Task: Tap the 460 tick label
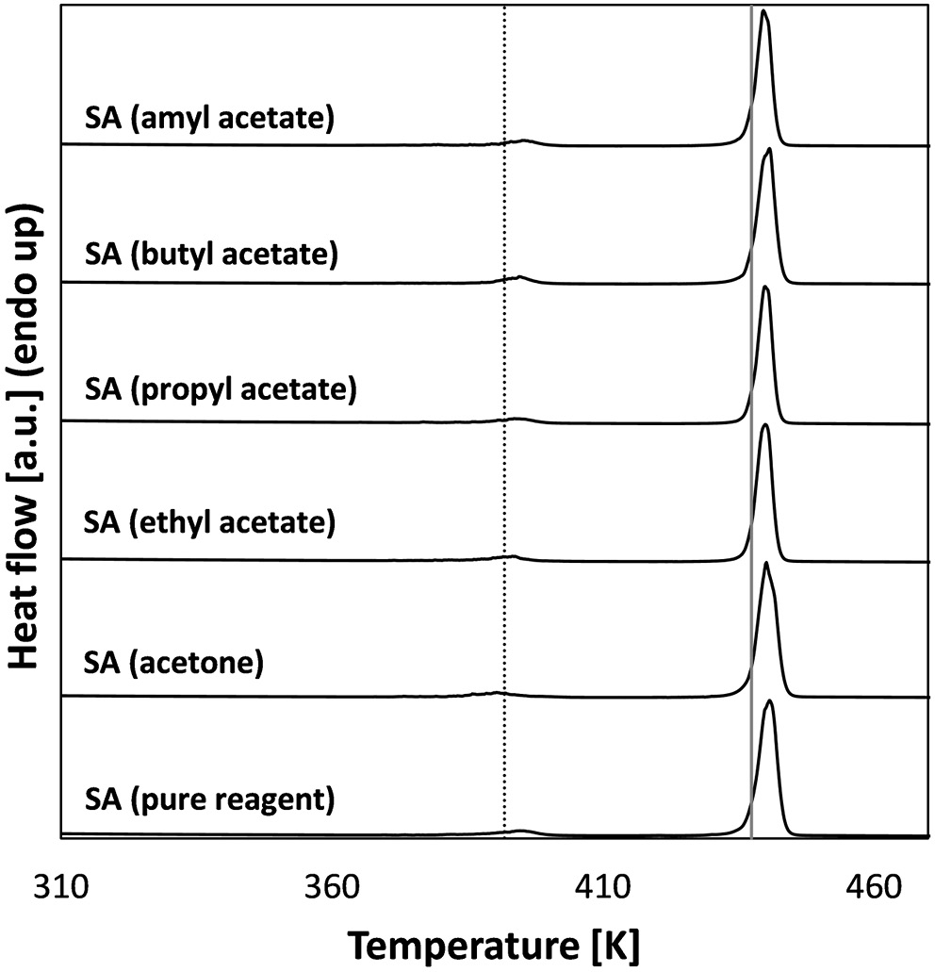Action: (870, 887)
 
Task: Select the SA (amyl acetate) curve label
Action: (205, 120)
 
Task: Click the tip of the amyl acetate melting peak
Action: (763, 12)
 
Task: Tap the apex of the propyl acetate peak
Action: (765, 288)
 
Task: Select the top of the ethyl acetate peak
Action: (765, 425)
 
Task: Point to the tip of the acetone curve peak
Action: (765, 564)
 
